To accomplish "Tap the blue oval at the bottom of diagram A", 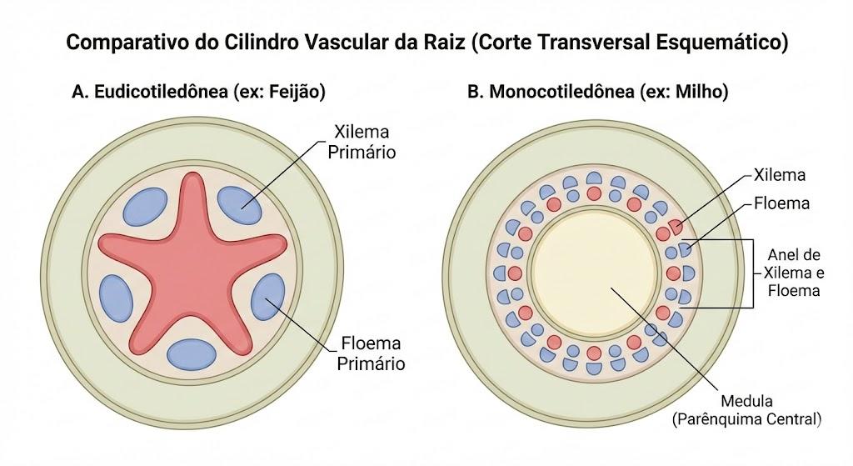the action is [192, 354].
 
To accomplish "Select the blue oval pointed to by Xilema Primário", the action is [239, 205].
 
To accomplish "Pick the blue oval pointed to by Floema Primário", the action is [267, 298].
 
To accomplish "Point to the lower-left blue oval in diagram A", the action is [117, 298].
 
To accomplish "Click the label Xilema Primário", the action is [362, 142].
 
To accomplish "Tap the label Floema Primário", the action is [371, 353].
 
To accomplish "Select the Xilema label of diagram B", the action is [780, 175].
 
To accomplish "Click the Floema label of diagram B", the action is [781, 203].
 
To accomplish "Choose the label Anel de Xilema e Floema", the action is [794, 273].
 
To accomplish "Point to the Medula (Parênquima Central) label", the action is [746, 410].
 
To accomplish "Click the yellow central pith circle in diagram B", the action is [595, 273].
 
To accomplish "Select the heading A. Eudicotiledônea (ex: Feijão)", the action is [198, 92].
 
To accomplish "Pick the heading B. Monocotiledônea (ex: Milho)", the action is [598, 92].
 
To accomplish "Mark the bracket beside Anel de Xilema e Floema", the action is [753, 273].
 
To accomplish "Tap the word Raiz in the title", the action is [444, 42].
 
